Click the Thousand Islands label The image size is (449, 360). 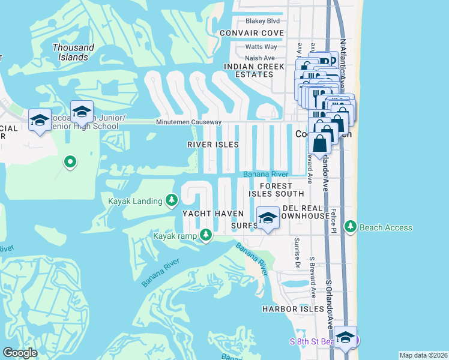(73, 52)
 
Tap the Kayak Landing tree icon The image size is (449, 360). (172, 200)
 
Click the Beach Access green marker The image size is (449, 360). (349, 227)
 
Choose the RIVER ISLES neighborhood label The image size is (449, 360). (212, 145)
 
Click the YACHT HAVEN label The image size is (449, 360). (213, 214)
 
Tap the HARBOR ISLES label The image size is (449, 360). (293, 309)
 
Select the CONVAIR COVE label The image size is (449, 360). (252, 32)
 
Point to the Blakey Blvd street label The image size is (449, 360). (259, 20)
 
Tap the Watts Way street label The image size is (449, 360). (261, 47)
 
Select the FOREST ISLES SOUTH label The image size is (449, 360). (277, 190)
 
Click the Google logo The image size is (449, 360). (21, 353)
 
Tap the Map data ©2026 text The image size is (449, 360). (423, 355)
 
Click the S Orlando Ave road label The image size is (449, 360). (330, 303)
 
